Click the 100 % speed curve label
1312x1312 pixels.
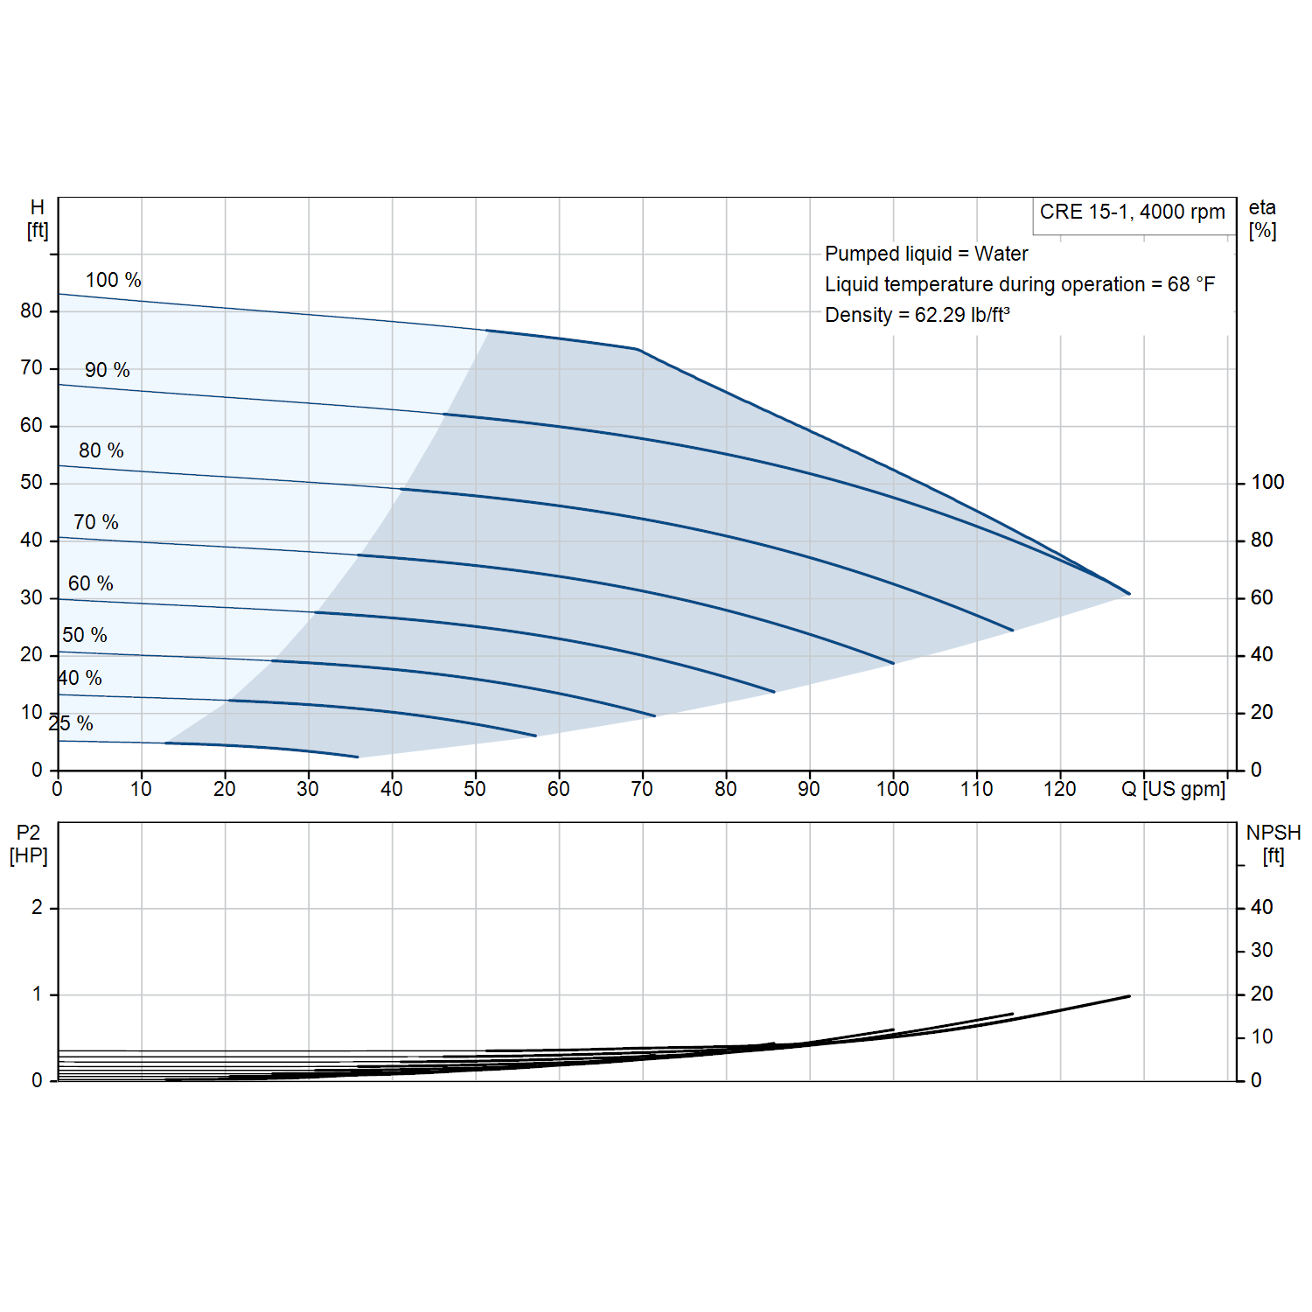point(113,280)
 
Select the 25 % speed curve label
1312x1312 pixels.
point(71,723)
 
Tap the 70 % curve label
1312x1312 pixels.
point(96,522)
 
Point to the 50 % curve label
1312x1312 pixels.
point(85,635)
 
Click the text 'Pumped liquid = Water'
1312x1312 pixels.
point(926,254)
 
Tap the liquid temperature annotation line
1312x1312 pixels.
point(1020,284)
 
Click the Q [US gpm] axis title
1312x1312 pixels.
point(1174,789)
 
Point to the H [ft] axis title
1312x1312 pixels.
point(38,219)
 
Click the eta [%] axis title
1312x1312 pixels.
point(1262,219)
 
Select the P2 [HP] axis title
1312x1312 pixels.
point(29,844)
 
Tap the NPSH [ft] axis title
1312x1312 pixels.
point(1274,844)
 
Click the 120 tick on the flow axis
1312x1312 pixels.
point(1060,789)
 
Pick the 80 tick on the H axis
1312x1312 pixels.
point(31,311)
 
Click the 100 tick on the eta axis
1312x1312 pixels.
point(1267,482)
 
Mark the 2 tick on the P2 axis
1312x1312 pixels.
point(37,907)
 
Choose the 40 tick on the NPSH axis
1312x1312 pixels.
point(1261,907)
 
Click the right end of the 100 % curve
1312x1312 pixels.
point(1129,594)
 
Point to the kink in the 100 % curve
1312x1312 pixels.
point(638,349)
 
